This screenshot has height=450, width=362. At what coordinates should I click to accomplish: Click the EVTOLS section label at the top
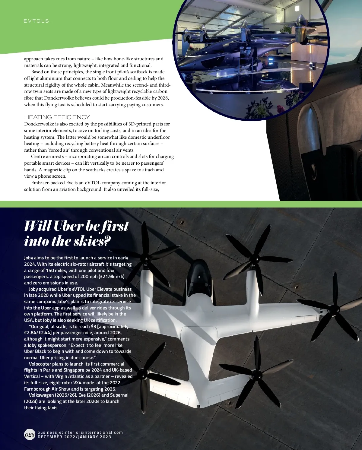(36, 21)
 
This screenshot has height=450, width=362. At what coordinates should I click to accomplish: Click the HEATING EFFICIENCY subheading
(57, 117)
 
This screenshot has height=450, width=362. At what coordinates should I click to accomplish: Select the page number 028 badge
(30, 435)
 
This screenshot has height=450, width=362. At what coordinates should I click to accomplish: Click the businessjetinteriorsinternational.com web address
(80, 432)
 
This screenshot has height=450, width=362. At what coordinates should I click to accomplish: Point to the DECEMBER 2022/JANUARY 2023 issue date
(74, 437)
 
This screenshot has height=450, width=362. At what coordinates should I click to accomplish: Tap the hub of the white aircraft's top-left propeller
(147, 259)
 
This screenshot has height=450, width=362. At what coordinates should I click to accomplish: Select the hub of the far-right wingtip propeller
(333, 309)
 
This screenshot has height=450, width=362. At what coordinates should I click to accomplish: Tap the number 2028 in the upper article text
(163, 98)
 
